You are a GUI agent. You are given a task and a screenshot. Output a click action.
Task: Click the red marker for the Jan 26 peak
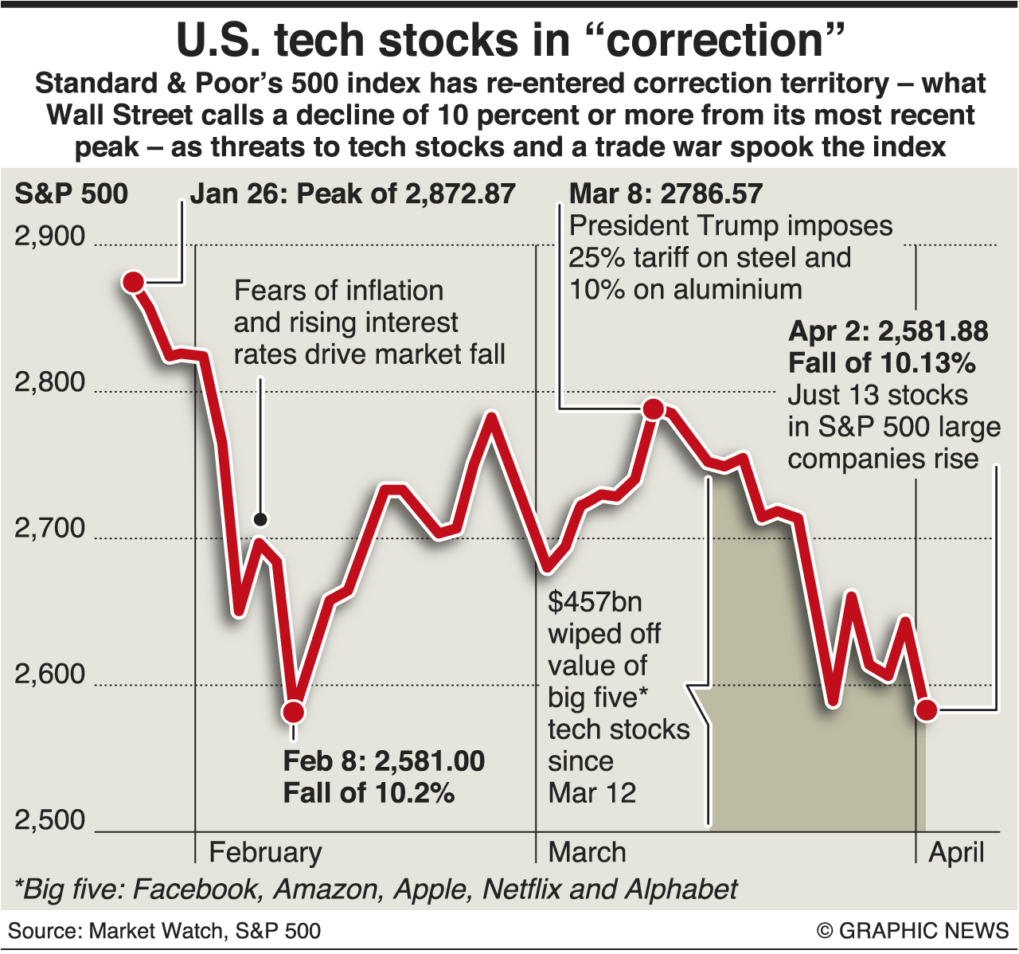(133, 282)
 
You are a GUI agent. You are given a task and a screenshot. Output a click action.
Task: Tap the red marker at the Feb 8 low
(293, 711)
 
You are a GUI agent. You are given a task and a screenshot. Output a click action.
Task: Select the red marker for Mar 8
(654, 409)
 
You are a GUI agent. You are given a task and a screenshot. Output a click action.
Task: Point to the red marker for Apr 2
(926, 709)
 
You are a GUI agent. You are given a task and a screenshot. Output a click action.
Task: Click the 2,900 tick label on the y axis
(49, 237)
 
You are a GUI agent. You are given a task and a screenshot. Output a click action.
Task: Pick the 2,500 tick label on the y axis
(49, 820)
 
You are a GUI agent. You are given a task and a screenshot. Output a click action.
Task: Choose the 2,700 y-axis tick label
(49, 528)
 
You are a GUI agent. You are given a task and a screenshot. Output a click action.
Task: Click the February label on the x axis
(265, 852)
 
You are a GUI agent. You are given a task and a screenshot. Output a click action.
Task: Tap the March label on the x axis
(587, 852)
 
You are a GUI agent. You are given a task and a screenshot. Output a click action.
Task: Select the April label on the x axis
(956, 852)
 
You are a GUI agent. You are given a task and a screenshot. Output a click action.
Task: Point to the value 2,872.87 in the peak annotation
(460, 194)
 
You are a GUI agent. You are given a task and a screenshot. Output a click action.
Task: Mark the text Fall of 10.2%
(369, 793)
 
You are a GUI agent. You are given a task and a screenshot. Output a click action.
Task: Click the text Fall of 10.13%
(882, 363)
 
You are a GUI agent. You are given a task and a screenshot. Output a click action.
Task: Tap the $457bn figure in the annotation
(595, 602)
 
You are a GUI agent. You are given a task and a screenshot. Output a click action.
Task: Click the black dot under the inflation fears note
(260, 520)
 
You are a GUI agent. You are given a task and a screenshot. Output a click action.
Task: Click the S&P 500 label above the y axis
(71, 194)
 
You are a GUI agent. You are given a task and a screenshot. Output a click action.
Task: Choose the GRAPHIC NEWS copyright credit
(912, 931)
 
